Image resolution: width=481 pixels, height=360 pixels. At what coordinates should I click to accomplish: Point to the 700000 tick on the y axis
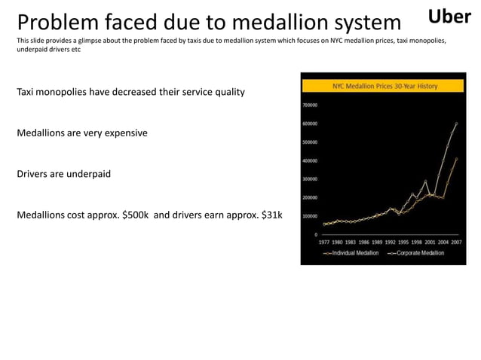pyautogui.click(x=310, y=105)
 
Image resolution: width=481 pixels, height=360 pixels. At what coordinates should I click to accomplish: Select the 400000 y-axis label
pyautogui.click(x=310, y=160)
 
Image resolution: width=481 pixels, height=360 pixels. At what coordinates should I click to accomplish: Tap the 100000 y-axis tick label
pyautogui.click(x=310, y=216)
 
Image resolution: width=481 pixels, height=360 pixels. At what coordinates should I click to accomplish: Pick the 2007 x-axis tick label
pyautogui.click(x=457, y=243)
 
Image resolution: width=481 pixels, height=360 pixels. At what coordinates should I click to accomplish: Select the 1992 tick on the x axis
pyautogui.click(x=391, y=243)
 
